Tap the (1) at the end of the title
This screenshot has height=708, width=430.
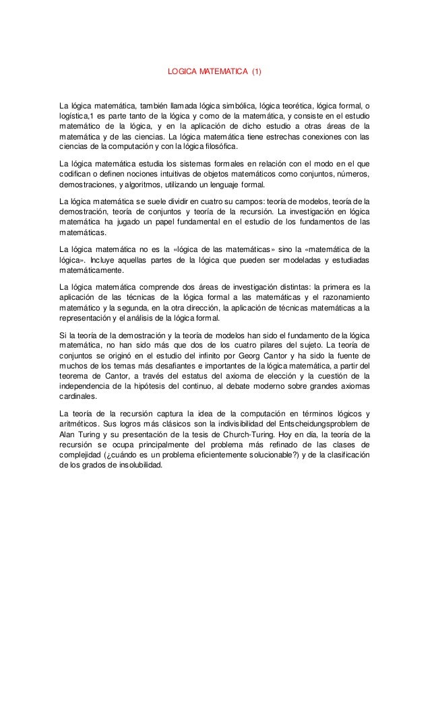click(256, 71)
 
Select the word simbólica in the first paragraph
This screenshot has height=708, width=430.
click(237, 106)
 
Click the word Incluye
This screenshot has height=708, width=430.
click(108, 259)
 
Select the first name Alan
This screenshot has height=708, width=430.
click(68, 435)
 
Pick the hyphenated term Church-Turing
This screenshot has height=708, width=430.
click(247, 435)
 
